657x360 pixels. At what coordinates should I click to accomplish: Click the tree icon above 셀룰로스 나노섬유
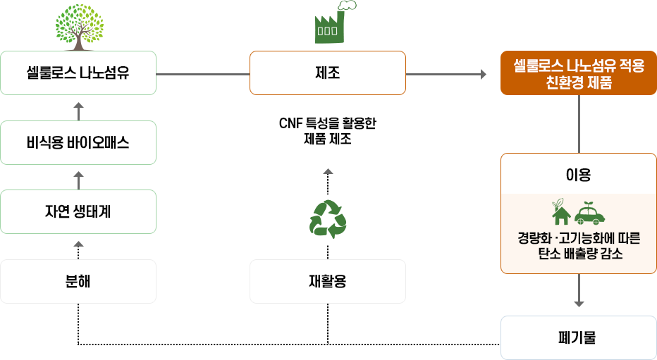[x=78, y=27]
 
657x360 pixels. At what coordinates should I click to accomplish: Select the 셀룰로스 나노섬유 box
[x=78, y=73]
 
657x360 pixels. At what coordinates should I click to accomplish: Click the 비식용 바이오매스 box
[x=78, y=142]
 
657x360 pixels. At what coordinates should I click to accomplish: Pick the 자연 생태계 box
[x=78, y=211]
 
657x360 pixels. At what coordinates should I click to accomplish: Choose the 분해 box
[x=78, y=281]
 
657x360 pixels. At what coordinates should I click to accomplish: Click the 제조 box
[x=328, y=73]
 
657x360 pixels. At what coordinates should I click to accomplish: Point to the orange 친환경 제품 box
[x=579, y=73]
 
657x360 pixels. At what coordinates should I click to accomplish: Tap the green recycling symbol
[x=328, y=218]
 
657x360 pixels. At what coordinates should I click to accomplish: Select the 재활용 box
[x=328, y=281]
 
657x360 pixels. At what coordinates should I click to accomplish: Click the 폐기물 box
[x=579, y=337]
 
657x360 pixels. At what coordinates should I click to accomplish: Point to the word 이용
[x=579, y=174]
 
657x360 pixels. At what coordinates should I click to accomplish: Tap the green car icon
[x=590, y=212]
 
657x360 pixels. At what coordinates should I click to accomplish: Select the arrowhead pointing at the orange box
[x=484, y=73]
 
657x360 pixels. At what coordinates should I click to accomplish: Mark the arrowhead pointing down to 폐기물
[x=579, y=304]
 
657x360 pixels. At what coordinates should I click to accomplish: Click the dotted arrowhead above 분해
[x=78, y=244]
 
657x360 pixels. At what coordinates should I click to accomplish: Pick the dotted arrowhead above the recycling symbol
[x=328, y=171]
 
